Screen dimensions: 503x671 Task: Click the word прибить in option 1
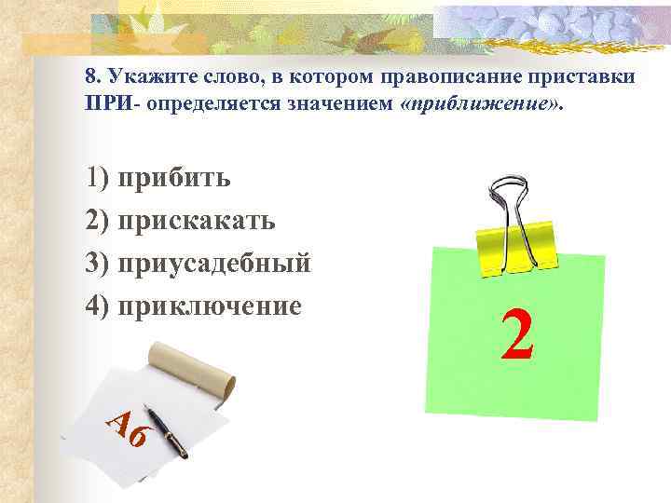pyautogui.click(x=182, y=178)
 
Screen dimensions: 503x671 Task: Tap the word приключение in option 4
pyautogui.click(x=217, y=306)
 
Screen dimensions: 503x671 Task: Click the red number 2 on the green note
pyautogui.click(x=517, y=335)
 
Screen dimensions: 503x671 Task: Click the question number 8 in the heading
pyautogui.click(x=90, y=75)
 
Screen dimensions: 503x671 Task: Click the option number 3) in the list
pyautogui.click(x=98, y=264)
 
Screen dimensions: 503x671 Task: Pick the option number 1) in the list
pyautogui.click(x=98, y=178)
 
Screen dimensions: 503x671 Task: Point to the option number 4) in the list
pyautogui.click(x=98, y=306)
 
